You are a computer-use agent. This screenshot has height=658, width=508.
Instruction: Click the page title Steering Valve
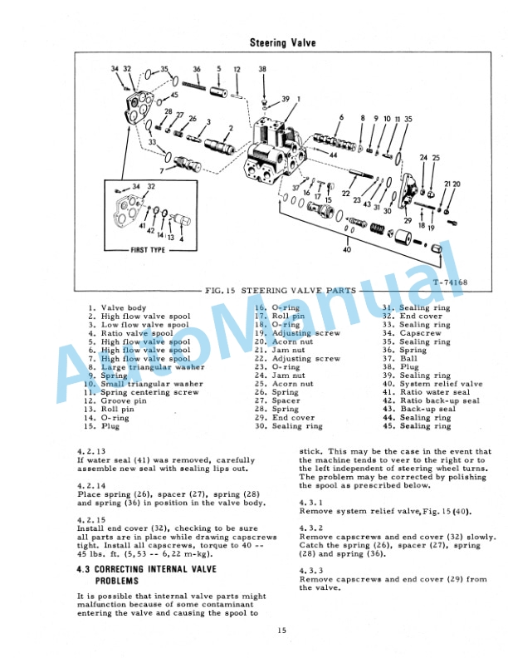pyautogui.click(x=282, y=42)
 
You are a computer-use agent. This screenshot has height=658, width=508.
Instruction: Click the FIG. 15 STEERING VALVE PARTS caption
pyautogui.click(x=280, y=291)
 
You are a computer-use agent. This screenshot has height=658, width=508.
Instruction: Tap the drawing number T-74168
pyautogui.click(x=451, y=282)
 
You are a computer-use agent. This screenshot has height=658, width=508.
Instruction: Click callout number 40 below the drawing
pyautogui.click(x=346, y=248)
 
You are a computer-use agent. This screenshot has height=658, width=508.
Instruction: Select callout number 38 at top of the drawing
pyautogui.click(x=262, y=70)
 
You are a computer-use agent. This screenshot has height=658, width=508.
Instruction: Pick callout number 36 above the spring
pyautogui.click(x=197, y=70)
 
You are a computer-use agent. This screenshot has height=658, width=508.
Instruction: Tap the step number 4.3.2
pyautogui.click(x=310, y=528)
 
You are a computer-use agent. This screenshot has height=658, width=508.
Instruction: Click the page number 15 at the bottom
pyautogui.click(x=283, y=633)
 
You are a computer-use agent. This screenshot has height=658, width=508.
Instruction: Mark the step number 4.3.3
pyautogui.click(x=310, y=571)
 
